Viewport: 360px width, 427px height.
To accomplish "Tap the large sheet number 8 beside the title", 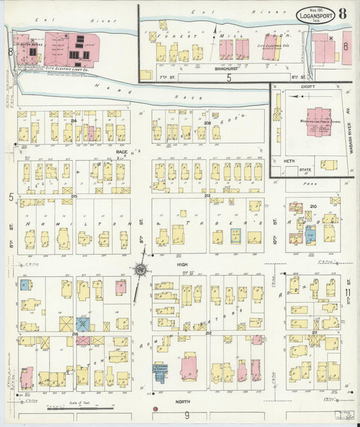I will pos(344,14).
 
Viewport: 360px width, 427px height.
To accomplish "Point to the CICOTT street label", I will pos(309,86).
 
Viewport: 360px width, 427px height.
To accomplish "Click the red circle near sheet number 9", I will pos(156,409).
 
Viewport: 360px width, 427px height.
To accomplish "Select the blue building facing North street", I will pos(161,370).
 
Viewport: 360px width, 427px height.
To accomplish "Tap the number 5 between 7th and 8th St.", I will pos(229,78).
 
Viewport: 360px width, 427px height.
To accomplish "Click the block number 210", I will pos(313,206).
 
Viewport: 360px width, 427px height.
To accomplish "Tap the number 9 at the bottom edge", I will pos(187,415).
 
